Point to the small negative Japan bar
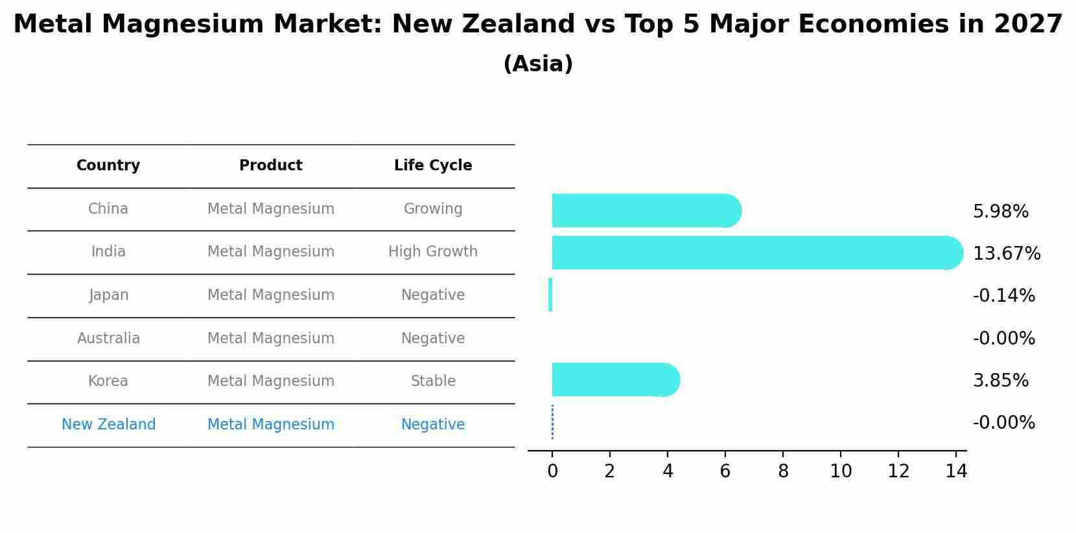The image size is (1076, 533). coord(550,295)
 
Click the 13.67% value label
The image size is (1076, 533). coord(1007,253)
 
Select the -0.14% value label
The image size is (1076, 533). coord(1003,296)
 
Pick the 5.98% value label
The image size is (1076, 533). coord(1000,212)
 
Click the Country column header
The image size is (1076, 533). coord(108,166)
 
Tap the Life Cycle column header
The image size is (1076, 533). coord(433,166)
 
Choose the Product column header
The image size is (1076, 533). coord(271,166)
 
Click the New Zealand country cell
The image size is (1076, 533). coord(108,425)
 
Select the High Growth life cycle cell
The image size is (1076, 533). coord(433,252)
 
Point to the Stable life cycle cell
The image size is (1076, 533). coord(433,381)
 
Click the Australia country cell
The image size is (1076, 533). coord(108,339)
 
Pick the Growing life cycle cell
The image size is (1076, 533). coord(433,209)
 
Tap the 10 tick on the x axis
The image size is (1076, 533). coord(841,471)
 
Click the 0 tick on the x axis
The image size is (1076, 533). coord(552,471)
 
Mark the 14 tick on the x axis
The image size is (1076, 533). coord(956,471)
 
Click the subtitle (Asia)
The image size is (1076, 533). coord(538,64)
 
